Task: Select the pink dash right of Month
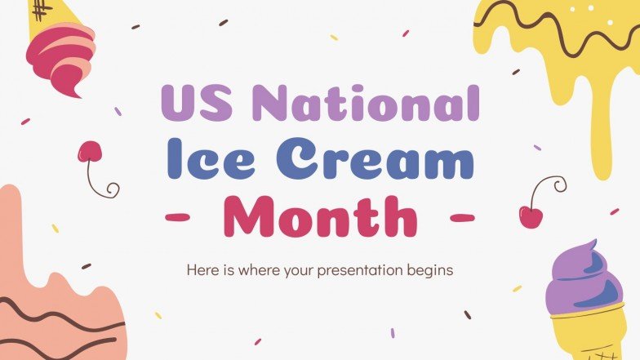[x=462, y=218]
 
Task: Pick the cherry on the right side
[x=530, y=216]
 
